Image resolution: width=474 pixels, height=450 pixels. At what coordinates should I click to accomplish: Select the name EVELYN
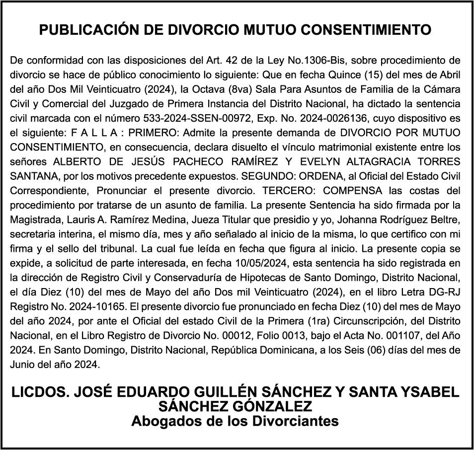[x=313, y=162]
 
